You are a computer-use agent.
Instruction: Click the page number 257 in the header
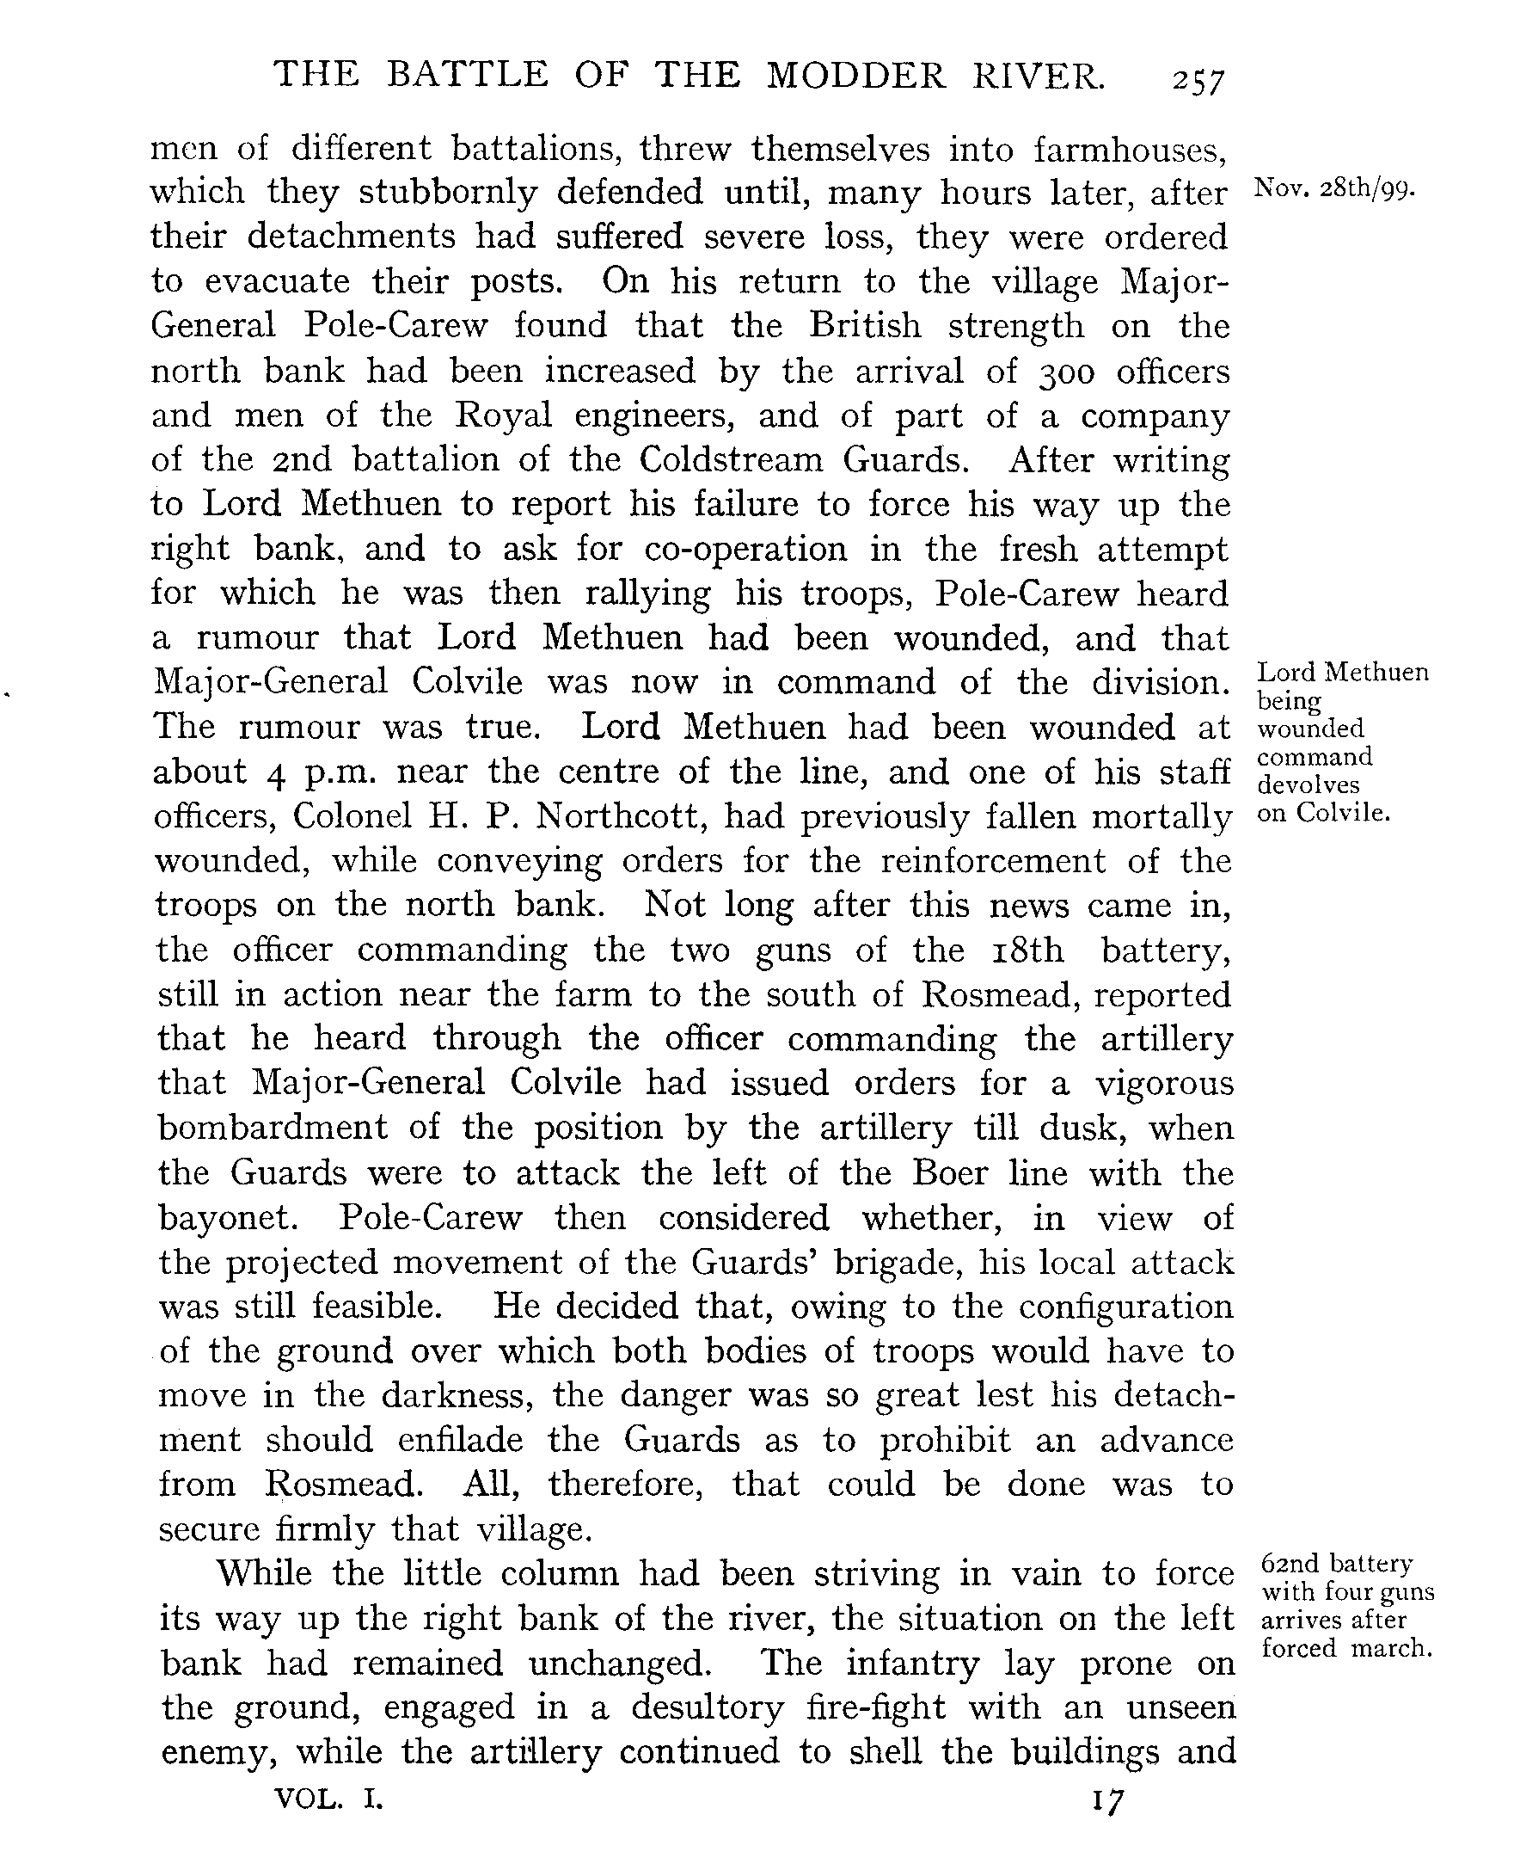[x=1199, y=82]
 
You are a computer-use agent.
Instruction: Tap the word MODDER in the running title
[x=857, y=77]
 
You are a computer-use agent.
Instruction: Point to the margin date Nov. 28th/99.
[x=1334, y=189]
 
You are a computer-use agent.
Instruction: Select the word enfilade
[x=461, y=1441]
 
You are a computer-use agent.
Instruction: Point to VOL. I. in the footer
[x=329, y=1799]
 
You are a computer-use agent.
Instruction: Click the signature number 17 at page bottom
[x=1106, y=1800]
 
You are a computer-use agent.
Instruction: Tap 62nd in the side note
[x=1287, y=1564]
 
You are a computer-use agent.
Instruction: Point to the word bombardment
[x=273, y=1127]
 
